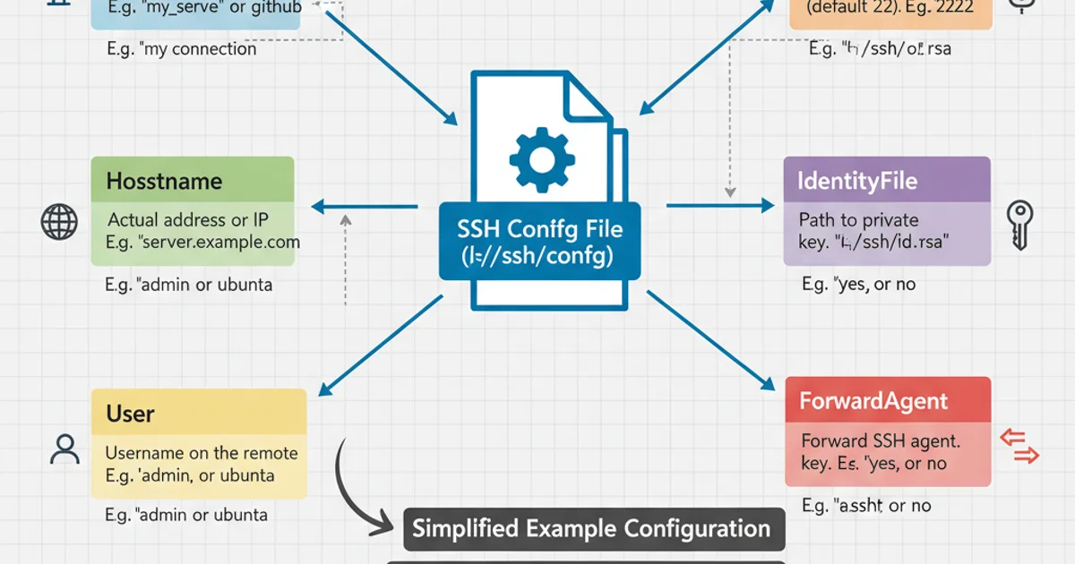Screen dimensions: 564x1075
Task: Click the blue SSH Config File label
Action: coord(539,242)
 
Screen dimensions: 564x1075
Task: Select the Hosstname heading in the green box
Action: coord(164,181)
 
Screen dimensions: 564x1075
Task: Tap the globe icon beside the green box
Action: coord(59,220)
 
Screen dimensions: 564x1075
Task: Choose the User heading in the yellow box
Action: coord(131,414)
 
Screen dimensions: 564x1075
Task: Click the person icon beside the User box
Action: coord(65,449)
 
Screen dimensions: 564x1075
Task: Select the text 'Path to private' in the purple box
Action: coord(858,220)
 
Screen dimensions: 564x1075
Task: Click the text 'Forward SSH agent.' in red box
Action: coord(880,440)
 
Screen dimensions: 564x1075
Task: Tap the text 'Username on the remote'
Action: coord(202,453)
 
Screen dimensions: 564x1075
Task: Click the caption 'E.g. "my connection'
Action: coord(180,48)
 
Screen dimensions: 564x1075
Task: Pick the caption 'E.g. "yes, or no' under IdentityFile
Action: coord(858,285)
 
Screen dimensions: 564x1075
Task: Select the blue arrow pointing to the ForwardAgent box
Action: coord(712,341)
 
